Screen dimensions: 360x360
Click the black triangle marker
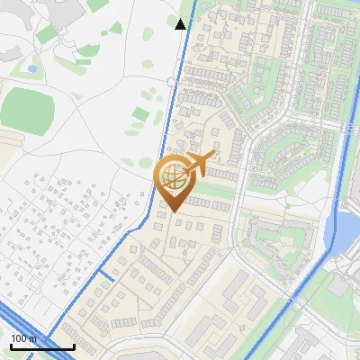181,24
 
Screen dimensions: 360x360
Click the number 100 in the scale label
19,337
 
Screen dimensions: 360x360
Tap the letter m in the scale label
33,337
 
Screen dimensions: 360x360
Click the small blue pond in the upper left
32,67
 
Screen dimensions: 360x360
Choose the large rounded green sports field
27,108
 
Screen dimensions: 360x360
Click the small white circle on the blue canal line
170,81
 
